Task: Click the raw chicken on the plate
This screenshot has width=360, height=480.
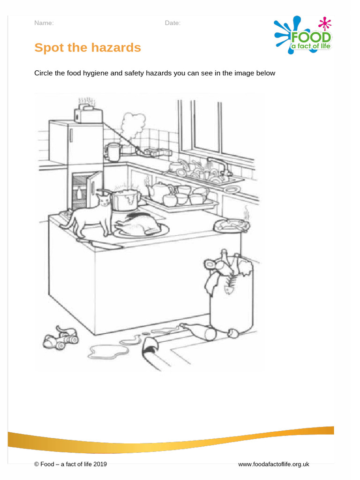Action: (x=139, y=224)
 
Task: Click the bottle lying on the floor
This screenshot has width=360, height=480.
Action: (x=199, y=330)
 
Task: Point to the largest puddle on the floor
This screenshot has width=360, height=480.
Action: (x=105, y=351)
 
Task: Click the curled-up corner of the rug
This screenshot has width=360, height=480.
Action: (x=150, y=346)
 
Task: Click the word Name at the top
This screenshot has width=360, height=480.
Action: (x=44, y=23)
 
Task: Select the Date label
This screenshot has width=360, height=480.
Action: (x=172, y=23)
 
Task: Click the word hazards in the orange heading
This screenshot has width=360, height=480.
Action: (x=114, y=48)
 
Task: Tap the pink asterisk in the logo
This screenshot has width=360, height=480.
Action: (x=323, y=22)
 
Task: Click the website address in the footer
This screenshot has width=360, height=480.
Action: (x=273, y=464)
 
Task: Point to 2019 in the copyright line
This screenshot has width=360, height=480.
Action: (x=99, y=464)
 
